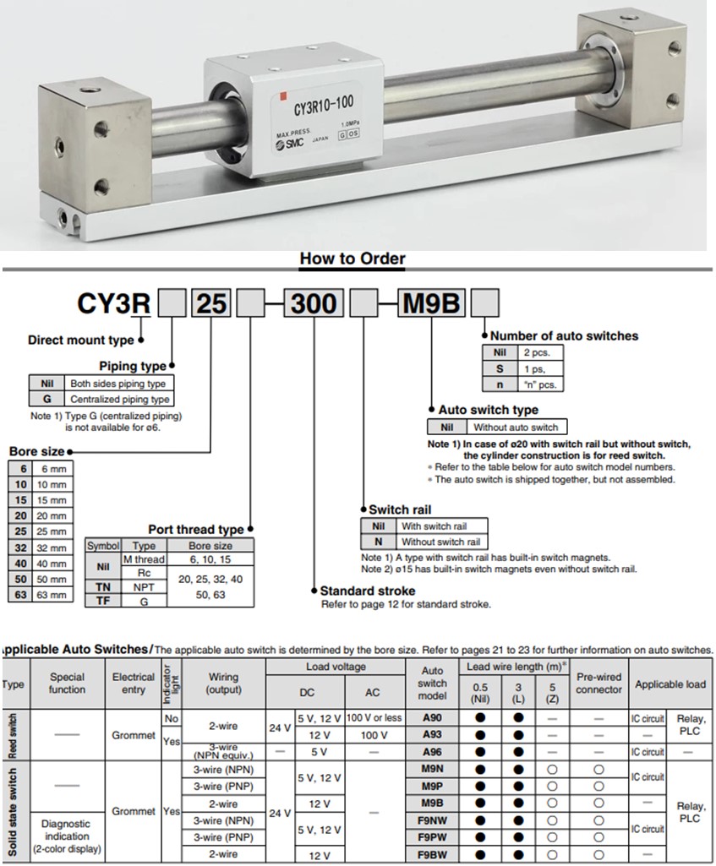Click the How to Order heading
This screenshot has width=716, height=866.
[x=353, y=259]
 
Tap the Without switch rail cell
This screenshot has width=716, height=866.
[x=440, y=542]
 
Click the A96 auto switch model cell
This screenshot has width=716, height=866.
[x=432, y=751]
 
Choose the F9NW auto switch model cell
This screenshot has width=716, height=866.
[x=432, y=820]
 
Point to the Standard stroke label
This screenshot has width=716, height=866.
[x=368, y=591]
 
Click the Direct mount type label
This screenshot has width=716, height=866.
[x=80, y=340]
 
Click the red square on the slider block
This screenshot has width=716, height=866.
[x=285, y=95]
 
